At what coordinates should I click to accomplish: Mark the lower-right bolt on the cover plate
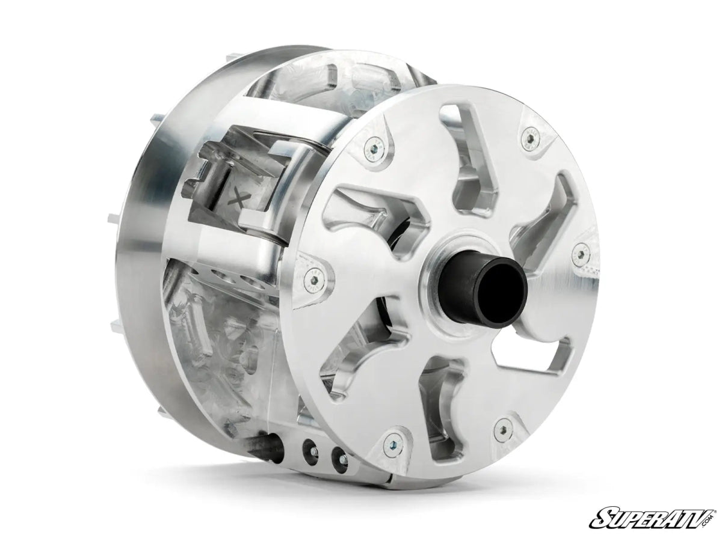point(498,428)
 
